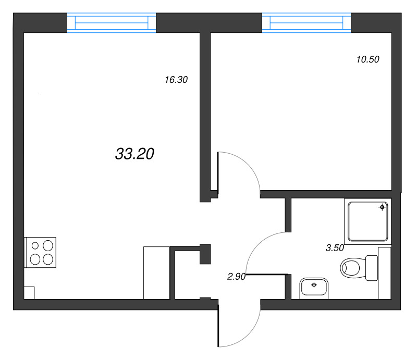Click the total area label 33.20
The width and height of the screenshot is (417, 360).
(x=134, y=154)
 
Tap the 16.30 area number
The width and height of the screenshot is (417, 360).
(x=176, y=80)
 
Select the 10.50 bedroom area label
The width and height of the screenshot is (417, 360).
(x=367, y=59)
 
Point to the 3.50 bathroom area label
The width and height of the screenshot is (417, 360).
(x=335, y=249)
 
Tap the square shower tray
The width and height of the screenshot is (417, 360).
(x=367, y=221)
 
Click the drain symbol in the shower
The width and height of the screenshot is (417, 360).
(x=382, y=207)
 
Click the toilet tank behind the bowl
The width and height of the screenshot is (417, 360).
(x=372, y=268)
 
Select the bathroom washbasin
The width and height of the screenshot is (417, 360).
(x=314, y=288)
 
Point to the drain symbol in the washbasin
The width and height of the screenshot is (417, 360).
(x=314, y=284)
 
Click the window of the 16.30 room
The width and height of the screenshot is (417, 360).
(x=112, y=23)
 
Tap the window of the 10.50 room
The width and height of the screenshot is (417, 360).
(x=306, y=23)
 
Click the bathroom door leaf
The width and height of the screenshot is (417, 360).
(x=267, y=274)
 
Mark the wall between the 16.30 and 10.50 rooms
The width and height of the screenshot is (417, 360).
(x=205, y=115)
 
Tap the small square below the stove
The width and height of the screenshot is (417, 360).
(x=29, y=292)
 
